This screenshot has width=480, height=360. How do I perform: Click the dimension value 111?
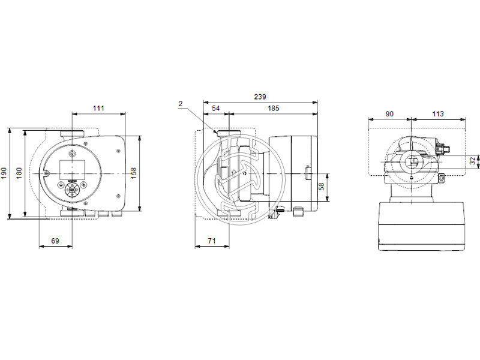(x=98, y=108)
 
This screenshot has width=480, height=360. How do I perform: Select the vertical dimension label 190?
(x=5, y=173)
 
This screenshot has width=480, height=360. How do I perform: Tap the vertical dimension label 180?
(x=19, y=173)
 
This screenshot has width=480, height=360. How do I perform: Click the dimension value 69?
(x=55, y=241)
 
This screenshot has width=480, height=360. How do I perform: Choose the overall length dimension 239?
(x=260, y=97)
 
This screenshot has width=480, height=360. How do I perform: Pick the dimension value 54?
(x=216, y=108)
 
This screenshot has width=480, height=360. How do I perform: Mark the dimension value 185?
(x=273, y=108)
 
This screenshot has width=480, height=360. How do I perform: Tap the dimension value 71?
(x=212, y=241)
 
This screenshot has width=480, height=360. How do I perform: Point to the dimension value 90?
(x=389, y=114)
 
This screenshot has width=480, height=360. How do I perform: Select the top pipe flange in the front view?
(x=73, y=135)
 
